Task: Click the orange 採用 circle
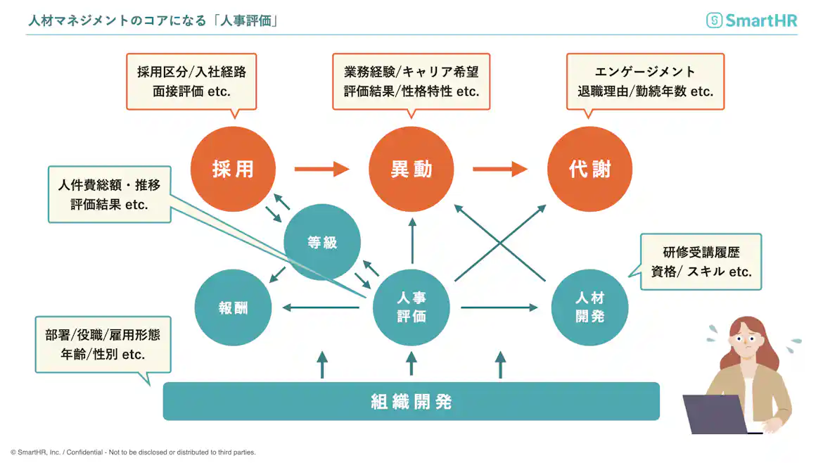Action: point(233,170)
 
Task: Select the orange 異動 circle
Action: point(412,170)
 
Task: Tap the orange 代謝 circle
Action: point(589,170)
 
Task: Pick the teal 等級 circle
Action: point(321,243)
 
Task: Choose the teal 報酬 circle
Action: point(233,307)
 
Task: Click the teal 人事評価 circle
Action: point(412,307)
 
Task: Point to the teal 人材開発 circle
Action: point(589,307)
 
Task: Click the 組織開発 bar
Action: point(412,402)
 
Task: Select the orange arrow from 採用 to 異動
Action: point(321,169)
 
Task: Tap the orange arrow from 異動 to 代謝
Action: point(500,169)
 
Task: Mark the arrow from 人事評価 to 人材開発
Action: point(499,307)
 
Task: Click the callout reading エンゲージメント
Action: point(645,82)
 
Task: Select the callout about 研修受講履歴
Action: point(701,262)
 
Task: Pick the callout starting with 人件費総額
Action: point(109,194)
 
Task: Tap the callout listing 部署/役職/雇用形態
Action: point(103,345)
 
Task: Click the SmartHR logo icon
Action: point(714,20)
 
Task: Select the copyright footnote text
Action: point(133,452)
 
